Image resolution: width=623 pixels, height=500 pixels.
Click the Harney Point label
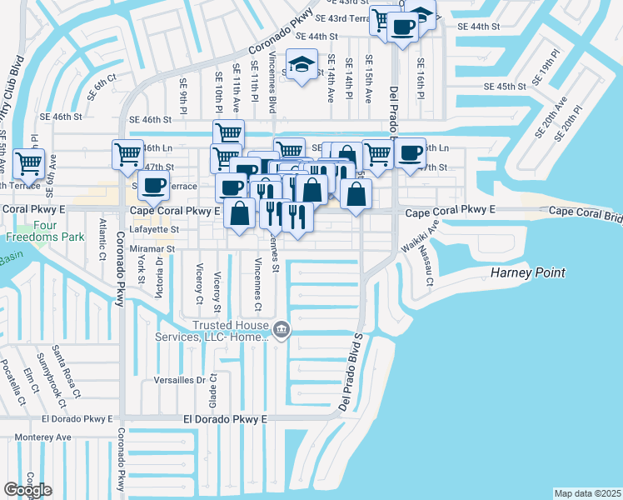(527, 272)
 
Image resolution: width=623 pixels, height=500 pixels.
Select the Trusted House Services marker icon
(282, 330)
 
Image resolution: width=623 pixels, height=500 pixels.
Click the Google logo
(27, 489)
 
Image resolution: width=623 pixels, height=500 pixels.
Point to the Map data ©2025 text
(588, 493)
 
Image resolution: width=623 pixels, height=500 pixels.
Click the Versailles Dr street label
(177, 380)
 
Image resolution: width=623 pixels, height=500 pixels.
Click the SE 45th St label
(506, 87)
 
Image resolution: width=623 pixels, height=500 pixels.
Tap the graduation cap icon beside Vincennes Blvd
(302, 63)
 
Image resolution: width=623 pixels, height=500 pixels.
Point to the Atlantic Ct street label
(102, 235)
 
